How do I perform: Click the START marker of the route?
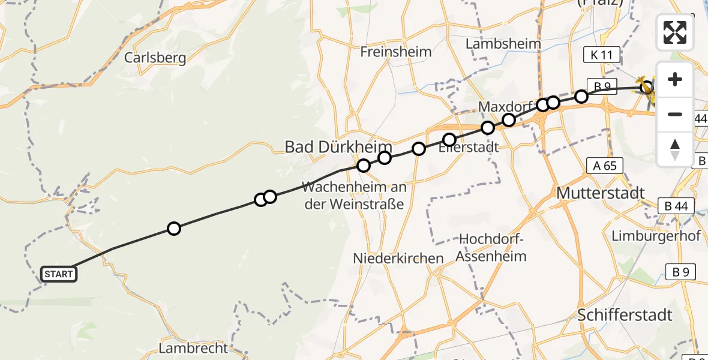58,274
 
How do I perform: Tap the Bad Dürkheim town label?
338,147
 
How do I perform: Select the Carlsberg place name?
155,58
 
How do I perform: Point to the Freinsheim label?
395,52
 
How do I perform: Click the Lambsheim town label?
503,44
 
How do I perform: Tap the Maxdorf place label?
506,107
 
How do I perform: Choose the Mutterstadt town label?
601,193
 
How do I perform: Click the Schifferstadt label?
625,314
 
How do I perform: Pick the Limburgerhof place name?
656,236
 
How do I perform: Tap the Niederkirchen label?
399,258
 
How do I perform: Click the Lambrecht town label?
193,348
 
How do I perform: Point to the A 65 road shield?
605,166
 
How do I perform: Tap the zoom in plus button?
675,79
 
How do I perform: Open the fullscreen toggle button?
675,32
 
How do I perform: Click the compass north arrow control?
675,149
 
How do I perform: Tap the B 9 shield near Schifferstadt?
680,272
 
